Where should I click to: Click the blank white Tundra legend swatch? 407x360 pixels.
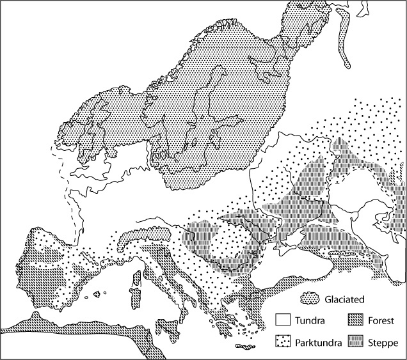coord(283,320)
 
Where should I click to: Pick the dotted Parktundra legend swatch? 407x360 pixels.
coord(283,341)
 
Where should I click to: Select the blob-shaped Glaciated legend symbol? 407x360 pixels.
coord(310,297)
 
